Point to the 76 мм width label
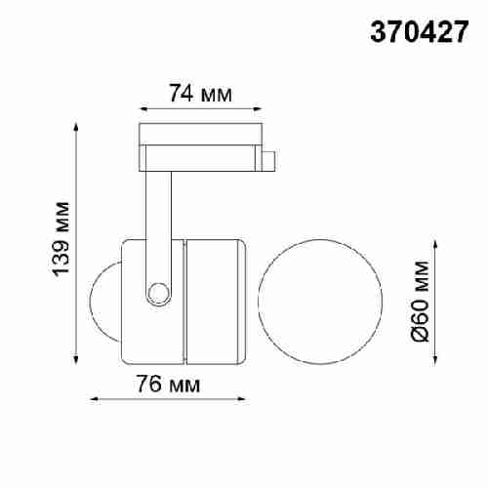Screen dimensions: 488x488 (x=165, y=385)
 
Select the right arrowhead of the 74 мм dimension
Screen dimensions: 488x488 (x=261, y=108)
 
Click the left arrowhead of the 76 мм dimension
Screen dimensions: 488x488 (x=93, y=399)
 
